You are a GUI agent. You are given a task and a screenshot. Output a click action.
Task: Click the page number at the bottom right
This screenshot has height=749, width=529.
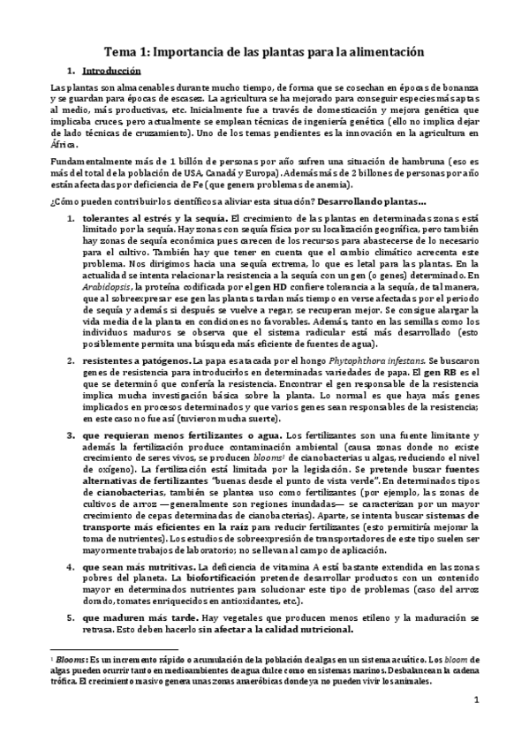475,702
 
